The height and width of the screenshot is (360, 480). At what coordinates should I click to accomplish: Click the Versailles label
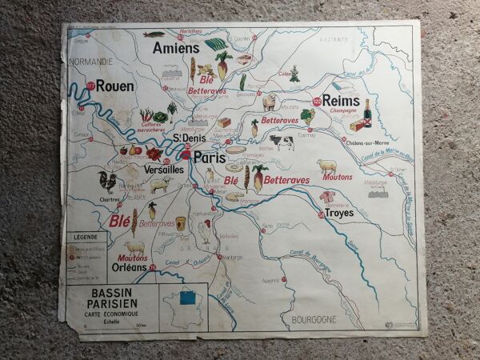tap(164, 170)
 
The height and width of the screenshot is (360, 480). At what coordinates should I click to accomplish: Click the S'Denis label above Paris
tap(188, 138)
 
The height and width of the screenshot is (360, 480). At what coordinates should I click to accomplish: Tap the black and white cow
tap(282, 142)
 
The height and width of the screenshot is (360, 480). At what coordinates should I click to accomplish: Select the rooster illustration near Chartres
tap(106, 181)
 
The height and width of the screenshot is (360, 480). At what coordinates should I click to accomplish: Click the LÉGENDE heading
tap(86, 238)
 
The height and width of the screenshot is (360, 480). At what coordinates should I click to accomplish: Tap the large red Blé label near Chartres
tap(120, 221)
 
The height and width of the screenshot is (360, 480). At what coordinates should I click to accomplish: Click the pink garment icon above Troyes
tap(326, 196)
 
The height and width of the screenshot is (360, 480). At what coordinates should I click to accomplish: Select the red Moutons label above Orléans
tap(132, 258)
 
